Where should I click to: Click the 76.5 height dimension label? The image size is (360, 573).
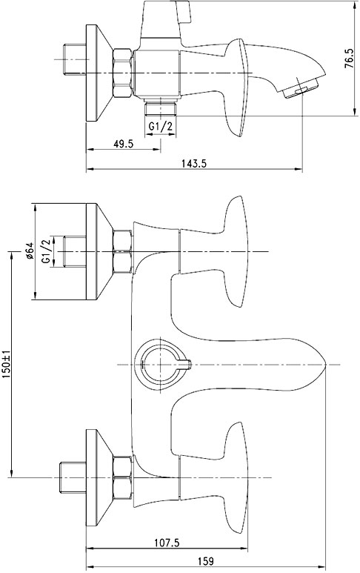pyautogui.click(x=349, y=59)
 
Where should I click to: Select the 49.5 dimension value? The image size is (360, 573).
pyautogui.click(x=123, y=144)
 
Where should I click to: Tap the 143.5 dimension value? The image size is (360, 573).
pyautogui.click(x=194, y=163)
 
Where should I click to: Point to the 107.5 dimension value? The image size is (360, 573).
pyautogui.click(x=167, y=543)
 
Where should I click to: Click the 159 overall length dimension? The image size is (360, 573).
pyautogui.click(x=206, y=561)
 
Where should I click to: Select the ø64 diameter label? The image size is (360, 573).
pyautogui.click(x=30, y=251)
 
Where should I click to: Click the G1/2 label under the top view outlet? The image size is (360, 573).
pyautogui.click(x=160, y=127)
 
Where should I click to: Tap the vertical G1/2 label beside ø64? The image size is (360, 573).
pyautogui.click(x=46, y=251)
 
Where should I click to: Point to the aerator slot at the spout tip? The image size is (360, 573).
pyautogui.click(x=301, y=90)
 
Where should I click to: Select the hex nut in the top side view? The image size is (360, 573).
pyautogui.click(x=122, y=73)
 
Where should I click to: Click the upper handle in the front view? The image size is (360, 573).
pyautogui.click(x=219, y=251)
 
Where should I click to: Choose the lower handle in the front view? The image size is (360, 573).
pyautogui.click(x=219, y=477)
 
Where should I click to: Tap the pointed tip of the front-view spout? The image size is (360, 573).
pyautogui.click(x=326, y=365)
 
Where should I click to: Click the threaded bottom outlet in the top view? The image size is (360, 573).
pyautogui.click(x=160, y=108)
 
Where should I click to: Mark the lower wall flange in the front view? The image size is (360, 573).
pyautogui.click(x=99, y=477)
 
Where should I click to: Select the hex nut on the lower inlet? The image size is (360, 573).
pyautogui.click(x=122, y=477)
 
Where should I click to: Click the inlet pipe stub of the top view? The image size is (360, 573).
pyautogui.click(x=75, y=59)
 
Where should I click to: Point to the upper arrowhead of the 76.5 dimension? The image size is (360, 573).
pyautogui.click(x=354, y=5)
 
